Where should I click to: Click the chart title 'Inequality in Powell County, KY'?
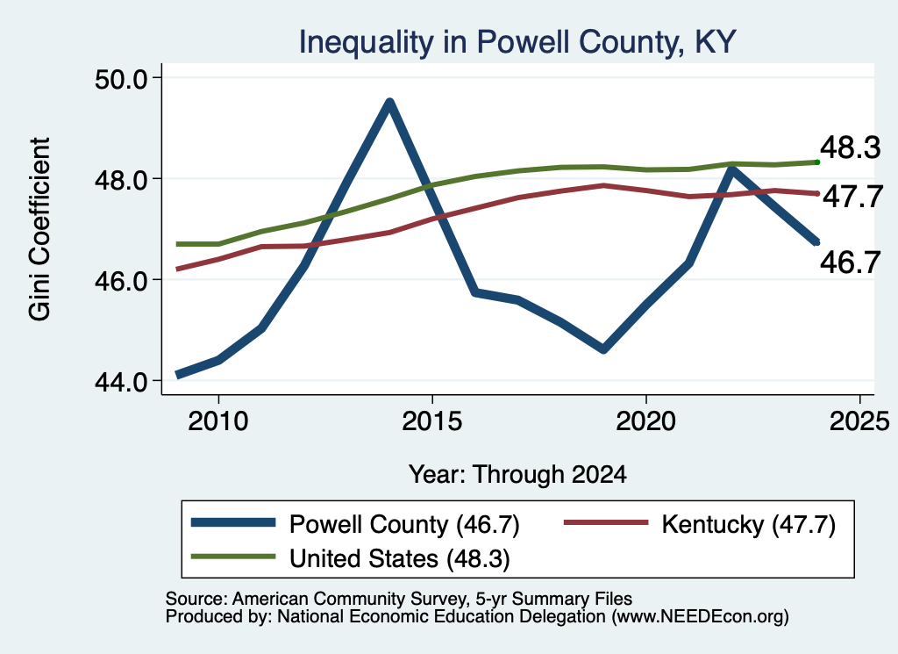click(x=517, y=42)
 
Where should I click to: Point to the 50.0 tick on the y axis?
click(x=120, y=78)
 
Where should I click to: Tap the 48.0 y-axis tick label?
click(x=120, y=179)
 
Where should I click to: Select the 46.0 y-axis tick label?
click(x=120, y=280)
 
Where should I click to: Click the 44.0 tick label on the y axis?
click(x=120, y=381)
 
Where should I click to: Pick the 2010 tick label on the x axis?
click(x=218, y=421)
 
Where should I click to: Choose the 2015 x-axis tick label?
click(x=431, y=421)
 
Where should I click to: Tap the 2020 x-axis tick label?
click(x=646, y=421)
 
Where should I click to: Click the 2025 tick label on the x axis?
click(x=859, y=421)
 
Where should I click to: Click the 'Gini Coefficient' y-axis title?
click(x=39, y=229)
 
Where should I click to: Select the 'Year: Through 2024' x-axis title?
click(x=517, y=475)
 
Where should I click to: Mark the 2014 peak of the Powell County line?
click(x=389, y=104)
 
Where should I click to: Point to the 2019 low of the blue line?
click(x=603, y=349)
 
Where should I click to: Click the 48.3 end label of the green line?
click(x=850, y=147)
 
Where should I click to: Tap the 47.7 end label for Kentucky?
click(x=852, y=197)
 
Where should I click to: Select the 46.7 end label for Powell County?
click(x=850, y=262)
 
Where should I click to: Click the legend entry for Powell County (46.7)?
click(x=355, y=524)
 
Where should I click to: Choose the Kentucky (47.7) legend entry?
click(x=700, y=524)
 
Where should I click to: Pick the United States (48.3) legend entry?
click(x=350, y=557)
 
